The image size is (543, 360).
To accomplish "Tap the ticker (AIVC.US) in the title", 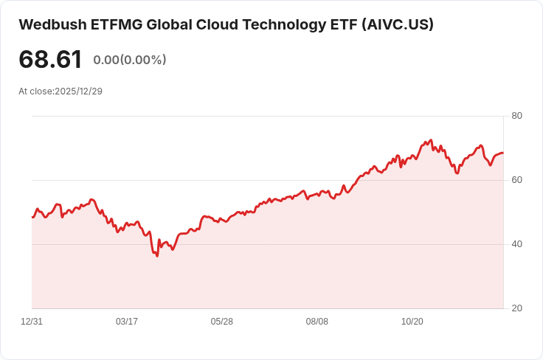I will point(397,24).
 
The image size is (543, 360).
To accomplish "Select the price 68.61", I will point(50,60).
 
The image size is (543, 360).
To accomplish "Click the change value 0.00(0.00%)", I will point(130,60).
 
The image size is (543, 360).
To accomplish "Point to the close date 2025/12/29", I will point(78,91).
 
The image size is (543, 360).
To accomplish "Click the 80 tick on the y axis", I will point(517,116).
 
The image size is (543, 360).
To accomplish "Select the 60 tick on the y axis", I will point(517,180).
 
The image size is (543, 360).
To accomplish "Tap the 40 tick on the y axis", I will point(517,244).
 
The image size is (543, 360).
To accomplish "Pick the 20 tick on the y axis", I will point(517,308).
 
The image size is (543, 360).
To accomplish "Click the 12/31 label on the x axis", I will point(32,322).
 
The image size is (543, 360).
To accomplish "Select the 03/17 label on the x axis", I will point(127,322).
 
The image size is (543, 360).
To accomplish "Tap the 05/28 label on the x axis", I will point(222,322).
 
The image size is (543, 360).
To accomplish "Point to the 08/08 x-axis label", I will point(317,322).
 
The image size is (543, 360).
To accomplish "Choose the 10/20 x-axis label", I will point(412,322).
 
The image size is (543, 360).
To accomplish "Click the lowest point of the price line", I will point(157,255).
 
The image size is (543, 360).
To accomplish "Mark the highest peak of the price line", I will point(429,139).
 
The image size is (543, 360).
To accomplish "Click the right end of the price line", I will point(503,153).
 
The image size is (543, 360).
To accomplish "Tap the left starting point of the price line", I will point(32,217).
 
